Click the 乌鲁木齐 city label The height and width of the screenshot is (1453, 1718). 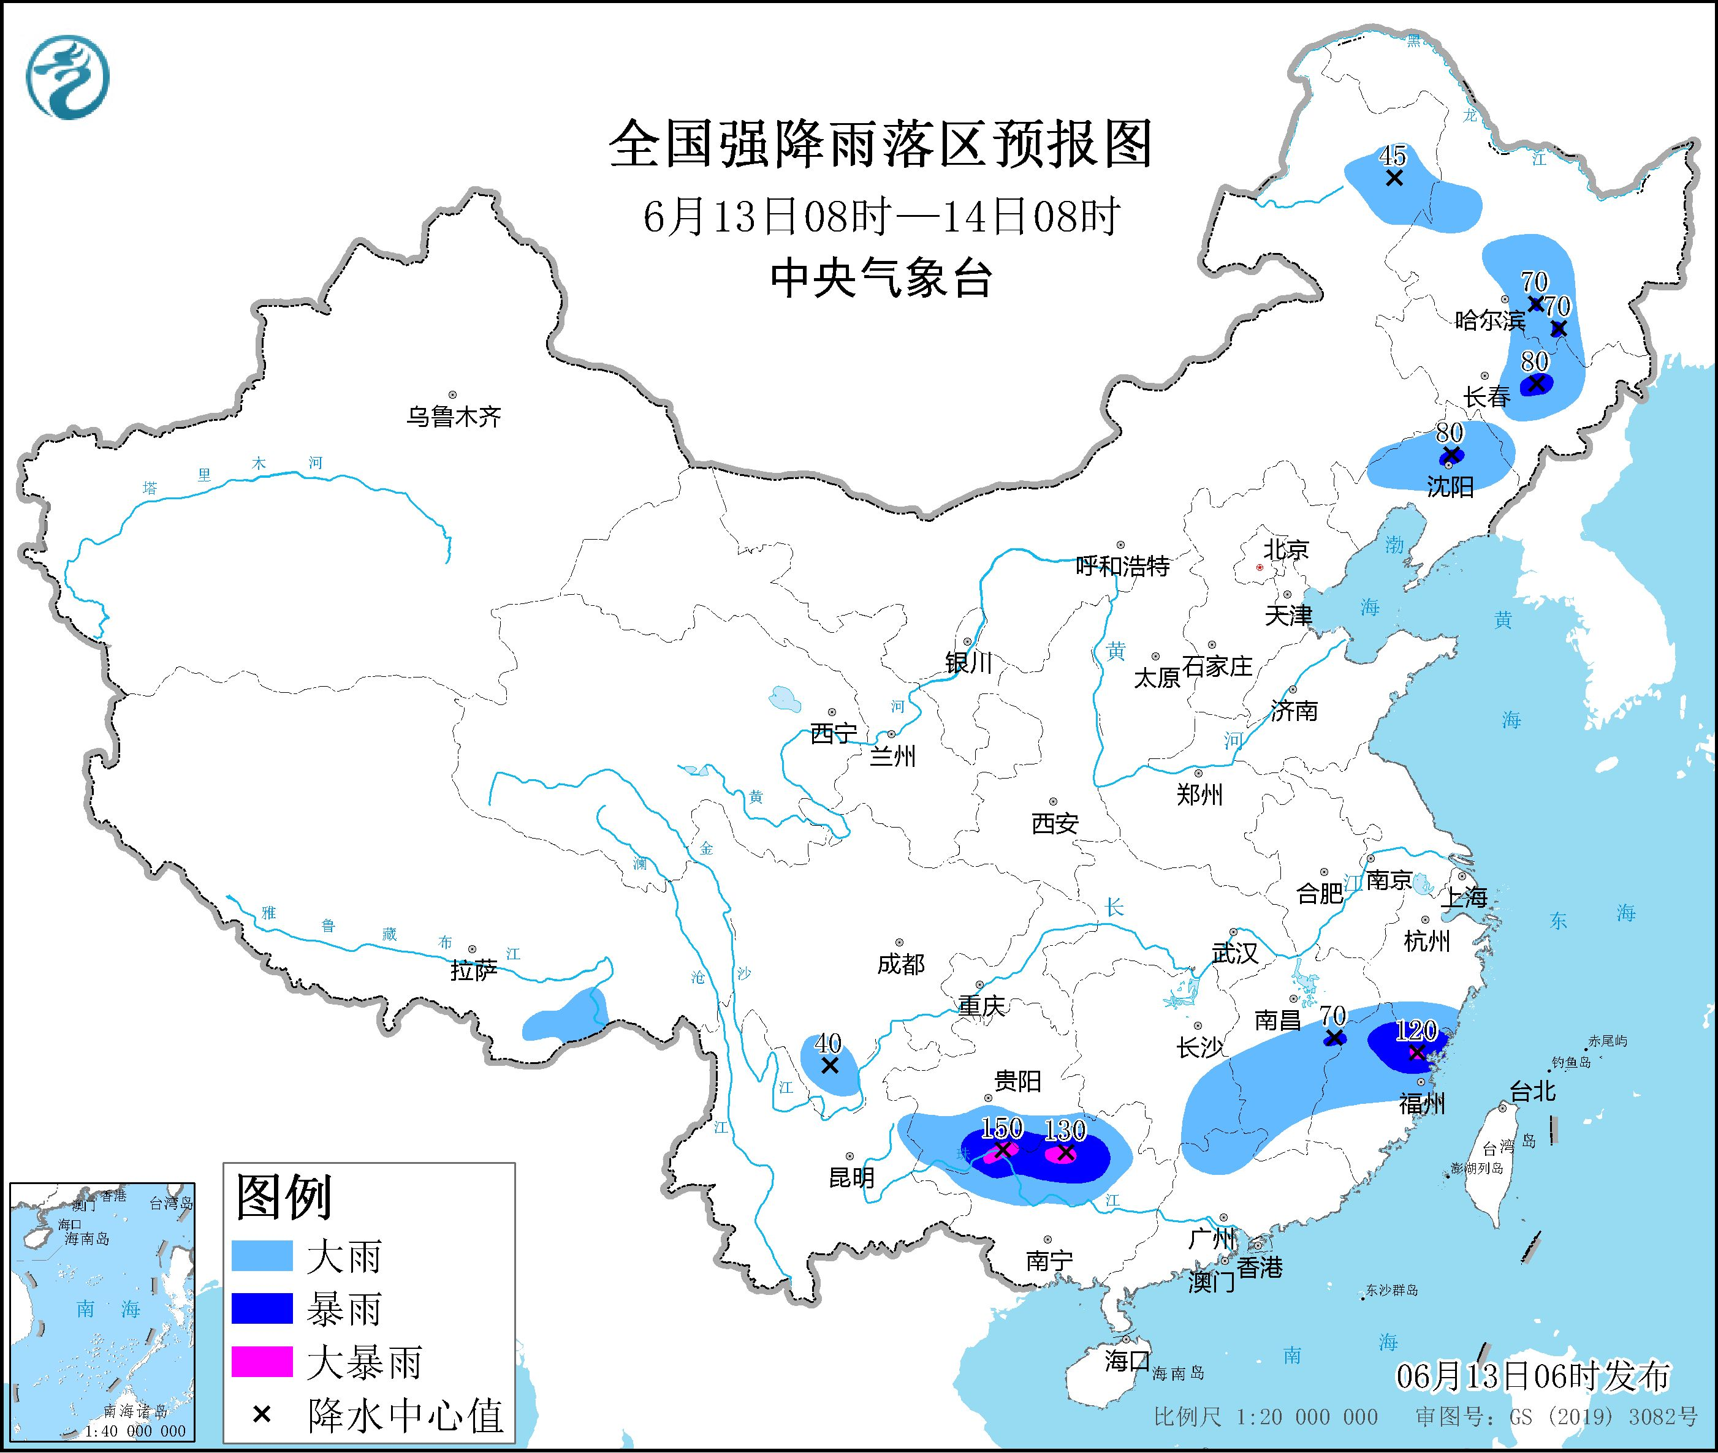pyautogui.click(x=453, y=417)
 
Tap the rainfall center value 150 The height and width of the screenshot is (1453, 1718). pyautogui.click(x=1002, y=1128)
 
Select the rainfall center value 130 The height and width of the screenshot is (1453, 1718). pyautogui.click(x=1065, y=1130)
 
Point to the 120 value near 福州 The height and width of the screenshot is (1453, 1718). pyautogui.click(x=1416, y=1030)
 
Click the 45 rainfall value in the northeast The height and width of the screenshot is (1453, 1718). pyautogui.click(x=1393, y=155)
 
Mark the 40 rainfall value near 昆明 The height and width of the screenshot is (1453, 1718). pyautogui.click(x=828, y=1043)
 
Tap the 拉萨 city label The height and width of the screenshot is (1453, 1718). pyautogui.click(x=474, y=970)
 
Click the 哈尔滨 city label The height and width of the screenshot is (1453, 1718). pyautogui.click(x=1490, y=320)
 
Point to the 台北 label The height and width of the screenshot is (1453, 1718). pyautogui.click(x=1533, y=1092)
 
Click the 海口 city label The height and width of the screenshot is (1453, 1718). pyautogui.click(x=1127, y=1361)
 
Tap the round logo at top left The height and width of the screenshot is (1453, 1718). pyautogui.click(x=67, y=77)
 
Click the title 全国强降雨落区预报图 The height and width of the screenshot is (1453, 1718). pyautogui.click(x=880, y=144)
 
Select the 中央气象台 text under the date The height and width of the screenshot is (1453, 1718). pyautogui.click(x=880, y=278)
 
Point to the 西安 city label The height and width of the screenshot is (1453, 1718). pyautogui.click(x=1055, y=823)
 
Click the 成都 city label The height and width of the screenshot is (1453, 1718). pyautogui.click(x=900, y=964)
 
